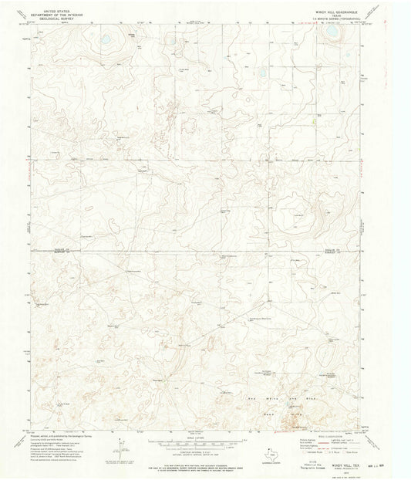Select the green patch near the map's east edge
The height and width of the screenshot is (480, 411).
(x=315, y=120)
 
